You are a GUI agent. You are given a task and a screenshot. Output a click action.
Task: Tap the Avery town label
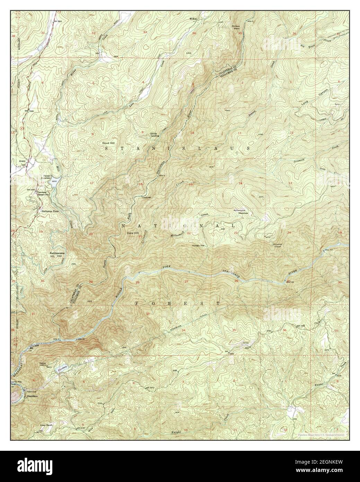click(x=23, y=161)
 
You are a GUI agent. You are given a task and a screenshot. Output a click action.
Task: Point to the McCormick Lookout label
click(x=277, y=244)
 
